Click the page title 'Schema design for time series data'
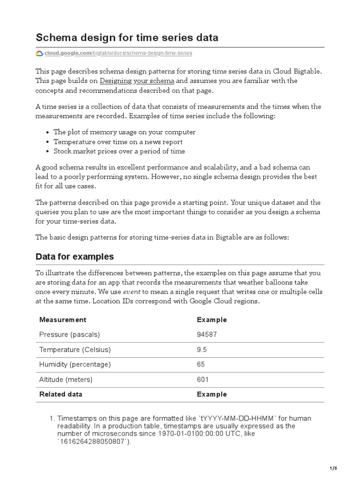[x=127, y=37]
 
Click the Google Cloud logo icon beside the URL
[x=39, y=53]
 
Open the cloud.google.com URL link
[x=118, y=53]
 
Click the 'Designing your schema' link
[x=137, y=81]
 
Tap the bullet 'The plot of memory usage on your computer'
[x=124, y=132]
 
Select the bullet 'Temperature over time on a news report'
[x=118, y=142]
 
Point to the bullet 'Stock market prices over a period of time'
[x=119, y=151]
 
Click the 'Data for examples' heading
[x=75, y=256]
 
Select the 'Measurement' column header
[x=63, y=320]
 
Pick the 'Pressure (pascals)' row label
[x=69, y=335]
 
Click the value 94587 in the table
[x=207, y=335]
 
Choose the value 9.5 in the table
[x=202, y=350]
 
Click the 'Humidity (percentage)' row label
[x=75, y=364]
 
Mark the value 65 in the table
[x=201, y=364]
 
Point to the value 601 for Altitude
[x=203, y=379]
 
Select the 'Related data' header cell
[x=60, y=394]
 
